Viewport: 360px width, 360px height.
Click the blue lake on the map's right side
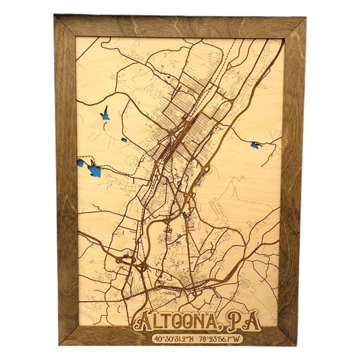(x=255, y=145)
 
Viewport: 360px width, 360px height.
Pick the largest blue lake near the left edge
(x=95, y=170)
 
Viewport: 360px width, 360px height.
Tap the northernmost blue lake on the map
(x=105, y=116)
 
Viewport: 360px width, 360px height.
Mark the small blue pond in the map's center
(x=186, y=215)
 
